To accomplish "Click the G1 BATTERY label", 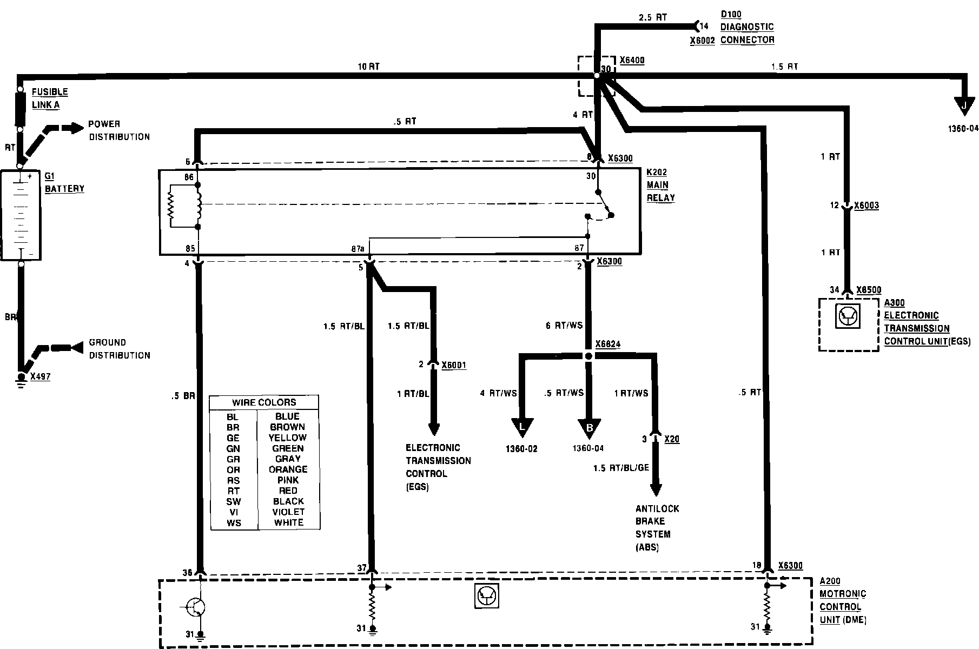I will click(64, 182).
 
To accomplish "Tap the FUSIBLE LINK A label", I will click(50, 98).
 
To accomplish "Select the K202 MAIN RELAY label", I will click(661, 185).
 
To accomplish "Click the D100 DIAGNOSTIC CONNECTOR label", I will click(747, 27).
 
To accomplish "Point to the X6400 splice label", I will click(632, 61).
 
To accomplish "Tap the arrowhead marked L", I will click(522, 427).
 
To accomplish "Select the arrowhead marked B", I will click(590, 427).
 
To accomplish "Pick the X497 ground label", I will click(40, 376).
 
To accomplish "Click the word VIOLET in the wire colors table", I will click(288, 512).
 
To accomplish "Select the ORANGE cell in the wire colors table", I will click(288, 469).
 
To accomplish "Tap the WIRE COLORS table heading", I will click(264, 402).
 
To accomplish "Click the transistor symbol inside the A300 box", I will click(847, 317).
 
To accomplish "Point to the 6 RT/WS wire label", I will click(564, 326).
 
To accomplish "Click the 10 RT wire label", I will click(368, 67).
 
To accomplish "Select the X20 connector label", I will click(671, 439).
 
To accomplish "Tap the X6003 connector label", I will click(866, 206).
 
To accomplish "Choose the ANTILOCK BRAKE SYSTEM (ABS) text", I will click(657, 528).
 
